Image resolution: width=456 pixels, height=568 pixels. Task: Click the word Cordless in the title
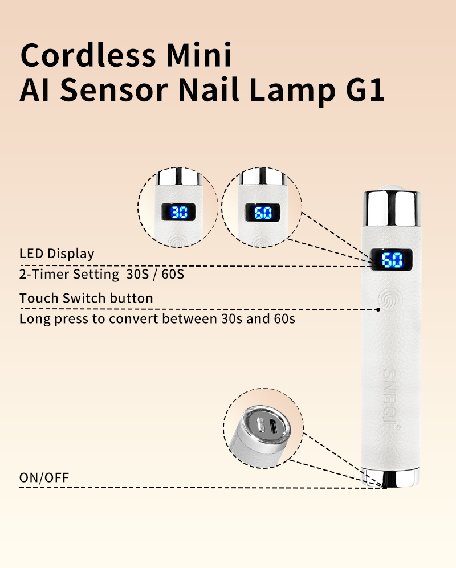88,55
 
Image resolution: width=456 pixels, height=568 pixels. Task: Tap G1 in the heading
365,89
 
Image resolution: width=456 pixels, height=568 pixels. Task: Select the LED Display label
56,254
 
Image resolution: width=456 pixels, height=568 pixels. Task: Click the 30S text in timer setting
137,274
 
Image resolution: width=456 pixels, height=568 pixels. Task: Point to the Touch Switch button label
86,298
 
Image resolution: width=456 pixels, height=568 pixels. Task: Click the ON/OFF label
44,478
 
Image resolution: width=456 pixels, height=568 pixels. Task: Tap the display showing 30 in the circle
179,213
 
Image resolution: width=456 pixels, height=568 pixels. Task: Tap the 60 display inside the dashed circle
263,213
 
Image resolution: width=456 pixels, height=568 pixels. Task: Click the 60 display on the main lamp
392,260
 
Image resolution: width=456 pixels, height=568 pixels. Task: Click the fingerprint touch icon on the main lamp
390,300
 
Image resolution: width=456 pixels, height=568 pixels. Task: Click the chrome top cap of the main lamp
392,207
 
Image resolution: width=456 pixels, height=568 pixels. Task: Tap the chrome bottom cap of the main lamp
390,477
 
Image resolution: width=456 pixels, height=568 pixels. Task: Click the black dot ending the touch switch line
378,310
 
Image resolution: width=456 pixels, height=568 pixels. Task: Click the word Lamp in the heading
292,91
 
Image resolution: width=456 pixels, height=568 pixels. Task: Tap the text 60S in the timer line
173,274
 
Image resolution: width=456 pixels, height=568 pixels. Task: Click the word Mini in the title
198,55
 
